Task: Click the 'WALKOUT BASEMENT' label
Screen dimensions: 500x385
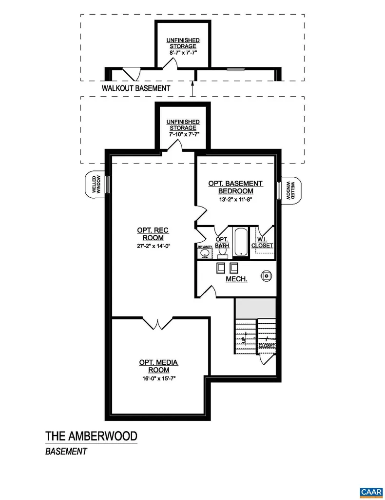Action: point(136,88)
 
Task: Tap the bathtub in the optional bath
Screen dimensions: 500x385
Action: point(240,242)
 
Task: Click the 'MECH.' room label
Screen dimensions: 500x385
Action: point(236,279)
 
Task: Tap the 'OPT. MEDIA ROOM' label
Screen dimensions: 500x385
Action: point(158,366)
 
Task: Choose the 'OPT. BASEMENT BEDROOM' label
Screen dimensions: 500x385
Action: point(235,187)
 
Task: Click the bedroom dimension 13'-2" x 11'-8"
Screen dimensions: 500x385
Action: point(235,199)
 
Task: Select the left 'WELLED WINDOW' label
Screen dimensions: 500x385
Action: point(96,185)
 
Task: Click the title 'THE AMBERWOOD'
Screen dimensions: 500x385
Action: point(91,436)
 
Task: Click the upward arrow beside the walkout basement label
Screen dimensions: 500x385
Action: point(193,88)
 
